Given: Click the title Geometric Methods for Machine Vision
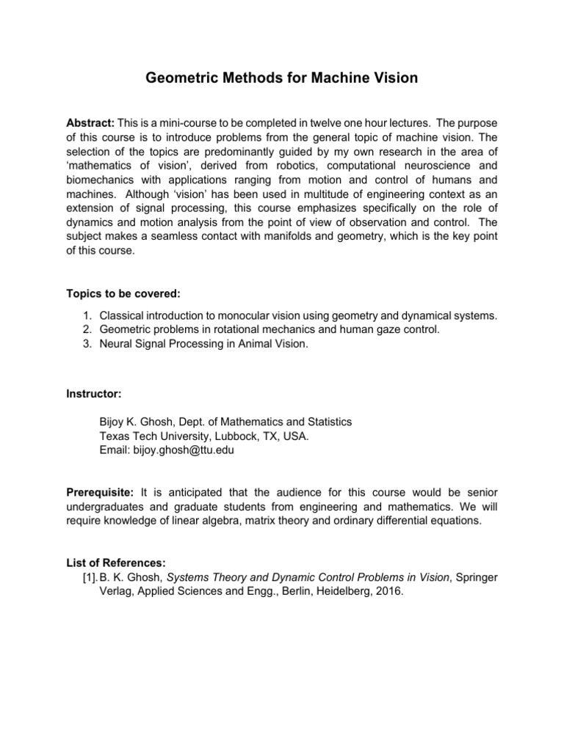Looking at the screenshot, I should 281,78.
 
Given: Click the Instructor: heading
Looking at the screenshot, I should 94,394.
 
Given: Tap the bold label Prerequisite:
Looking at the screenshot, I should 100,491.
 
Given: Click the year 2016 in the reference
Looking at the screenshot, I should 388,591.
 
